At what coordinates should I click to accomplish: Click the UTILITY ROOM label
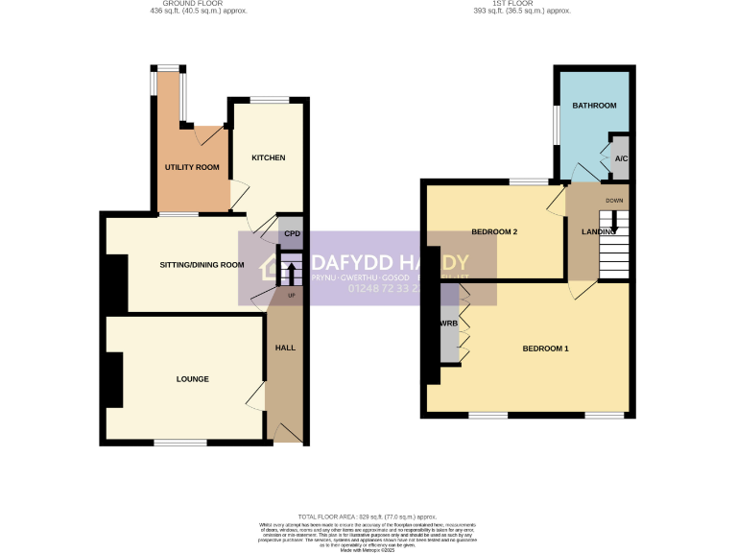(192, 167)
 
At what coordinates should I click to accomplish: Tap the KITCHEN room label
(268, 157)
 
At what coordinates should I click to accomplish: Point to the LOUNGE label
(192, 379)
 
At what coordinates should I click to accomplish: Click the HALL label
(286, 348)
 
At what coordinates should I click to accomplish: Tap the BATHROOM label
(594, 105)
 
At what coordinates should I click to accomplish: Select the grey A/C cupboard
(621, 158)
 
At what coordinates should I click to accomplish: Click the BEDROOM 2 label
(494, 232)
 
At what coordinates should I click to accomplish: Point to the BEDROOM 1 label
(545, 348)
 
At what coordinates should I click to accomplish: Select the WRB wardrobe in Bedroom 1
(448, 325)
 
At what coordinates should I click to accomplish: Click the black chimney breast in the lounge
(114, 380)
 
